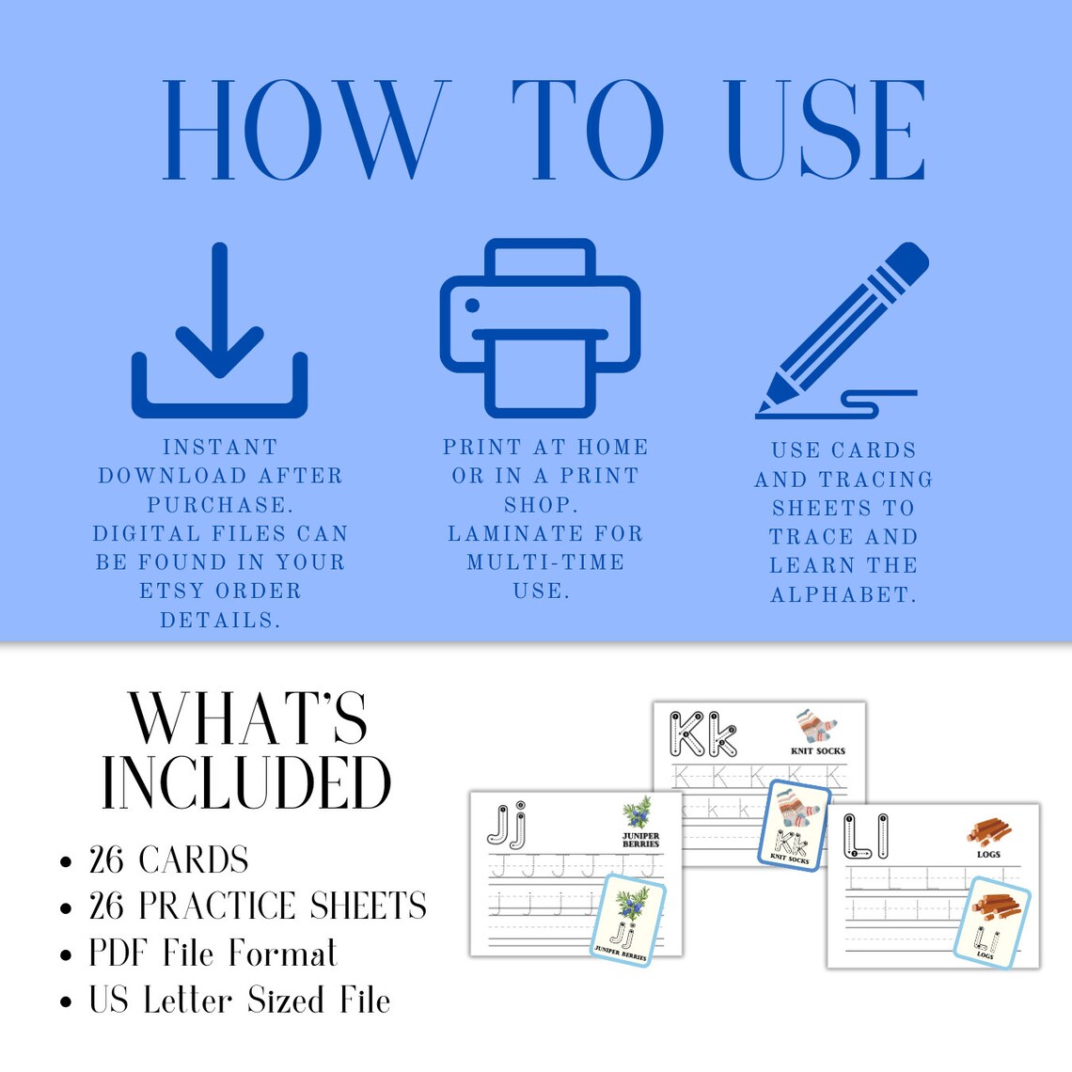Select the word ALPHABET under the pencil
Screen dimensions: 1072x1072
843,595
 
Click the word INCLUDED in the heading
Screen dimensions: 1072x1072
246,782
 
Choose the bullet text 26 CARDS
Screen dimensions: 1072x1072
169,860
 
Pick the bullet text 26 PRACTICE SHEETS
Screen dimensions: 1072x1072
258,906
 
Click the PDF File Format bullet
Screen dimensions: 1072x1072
213,954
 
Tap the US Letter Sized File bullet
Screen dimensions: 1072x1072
240,1001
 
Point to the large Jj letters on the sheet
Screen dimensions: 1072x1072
507,824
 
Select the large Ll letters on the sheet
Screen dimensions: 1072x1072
865,836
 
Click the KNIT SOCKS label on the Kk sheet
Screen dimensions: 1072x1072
817,751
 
